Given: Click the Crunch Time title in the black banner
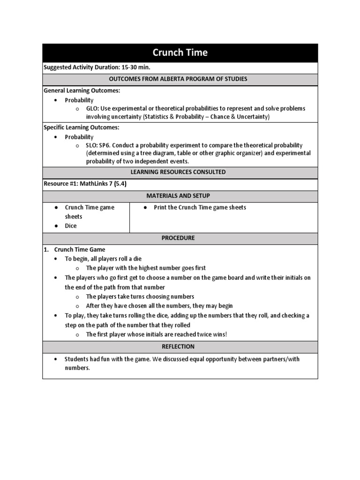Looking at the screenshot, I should pyautogui.click(x=180, y=52).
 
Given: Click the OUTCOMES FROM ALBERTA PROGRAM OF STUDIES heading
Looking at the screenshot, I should pyautogui.click(x=180, y=79).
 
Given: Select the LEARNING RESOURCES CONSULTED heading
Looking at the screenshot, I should pyautogui.click(x=180, y=172).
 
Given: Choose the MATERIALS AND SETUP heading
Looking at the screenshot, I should pyautogui.click(x=180, y=195).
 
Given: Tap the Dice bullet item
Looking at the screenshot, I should pyautogui.click(x=71, y=226).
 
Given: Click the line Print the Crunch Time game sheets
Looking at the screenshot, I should pyautogui.click(x=200, y=207).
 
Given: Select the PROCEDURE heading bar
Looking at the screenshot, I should pyautogui.click(x=180, y=238).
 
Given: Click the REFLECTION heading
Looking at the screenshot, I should pyautogui.click(x=180, y=347).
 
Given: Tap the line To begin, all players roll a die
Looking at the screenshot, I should pyautogui.click(x=103, y=259).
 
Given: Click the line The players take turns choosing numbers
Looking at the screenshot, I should pyautogui.click(x=140, y=297).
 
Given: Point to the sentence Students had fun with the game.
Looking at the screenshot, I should pyautogui.click(x=121, y=359).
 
